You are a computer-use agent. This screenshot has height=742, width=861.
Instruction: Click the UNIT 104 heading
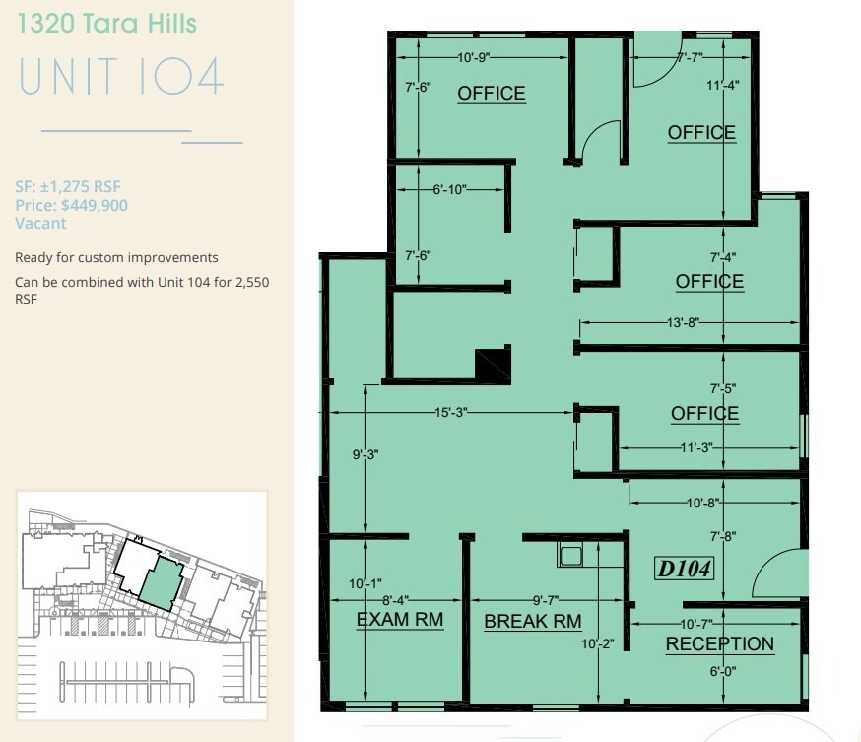[121, 77]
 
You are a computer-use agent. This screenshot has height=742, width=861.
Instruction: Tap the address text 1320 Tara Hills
[105, 24]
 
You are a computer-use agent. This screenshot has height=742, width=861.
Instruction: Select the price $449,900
[71, 205]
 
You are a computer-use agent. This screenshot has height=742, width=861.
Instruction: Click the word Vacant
[40, 223]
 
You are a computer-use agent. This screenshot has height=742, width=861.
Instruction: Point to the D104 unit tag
[684, 569]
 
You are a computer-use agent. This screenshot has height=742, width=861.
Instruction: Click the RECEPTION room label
[719, 644]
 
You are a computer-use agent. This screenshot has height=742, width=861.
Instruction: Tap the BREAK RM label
[532, 622]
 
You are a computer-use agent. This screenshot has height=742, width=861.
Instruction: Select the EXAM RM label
[399, 620]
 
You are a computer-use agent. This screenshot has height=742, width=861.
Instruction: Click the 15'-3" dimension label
[447, 413]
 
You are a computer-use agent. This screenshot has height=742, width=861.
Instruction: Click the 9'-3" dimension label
[365, 454]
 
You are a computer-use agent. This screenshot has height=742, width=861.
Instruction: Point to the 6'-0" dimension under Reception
[722, 671]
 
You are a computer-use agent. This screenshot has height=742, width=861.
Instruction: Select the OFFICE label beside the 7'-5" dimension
[704, 413]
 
